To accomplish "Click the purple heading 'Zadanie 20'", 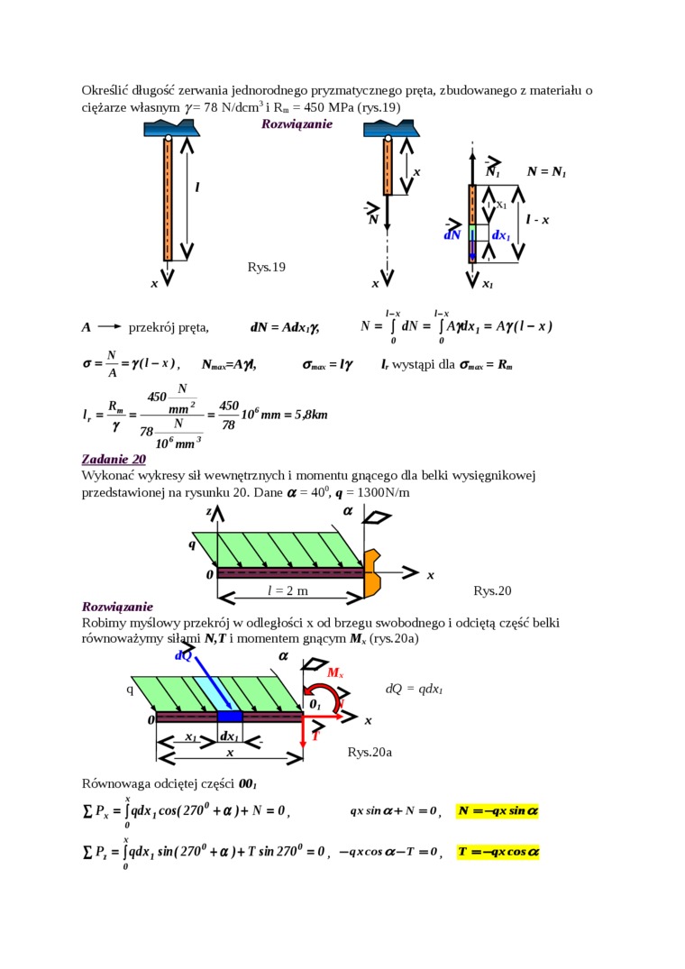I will click(114, 459).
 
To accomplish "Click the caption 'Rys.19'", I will click(266, 267).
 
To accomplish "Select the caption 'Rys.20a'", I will click(370, 752).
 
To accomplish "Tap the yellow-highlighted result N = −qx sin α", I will click(498, 810).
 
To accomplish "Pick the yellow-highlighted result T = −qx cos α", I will click(498, 851).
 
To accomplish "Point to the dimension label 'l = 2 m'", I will click(288, 590).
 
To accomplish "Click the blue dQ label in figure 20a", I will click(183, 656).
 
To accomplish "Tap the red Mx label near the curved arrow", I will click(334, 673).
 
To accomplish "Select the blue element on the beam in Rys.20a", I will click(231, 716).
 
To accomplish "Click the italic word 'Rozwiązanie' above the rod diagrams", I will click(297, 123).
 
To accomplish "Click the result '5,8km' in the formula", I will click(308, 416).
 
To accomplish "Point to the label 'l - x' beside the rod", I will click(538, 220).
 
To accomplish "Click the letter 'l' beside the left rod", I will click(196, 187).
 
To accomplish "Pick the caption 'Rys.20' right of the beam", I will click(492, 590).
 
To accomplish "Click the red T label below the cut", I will click(315, 736).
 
